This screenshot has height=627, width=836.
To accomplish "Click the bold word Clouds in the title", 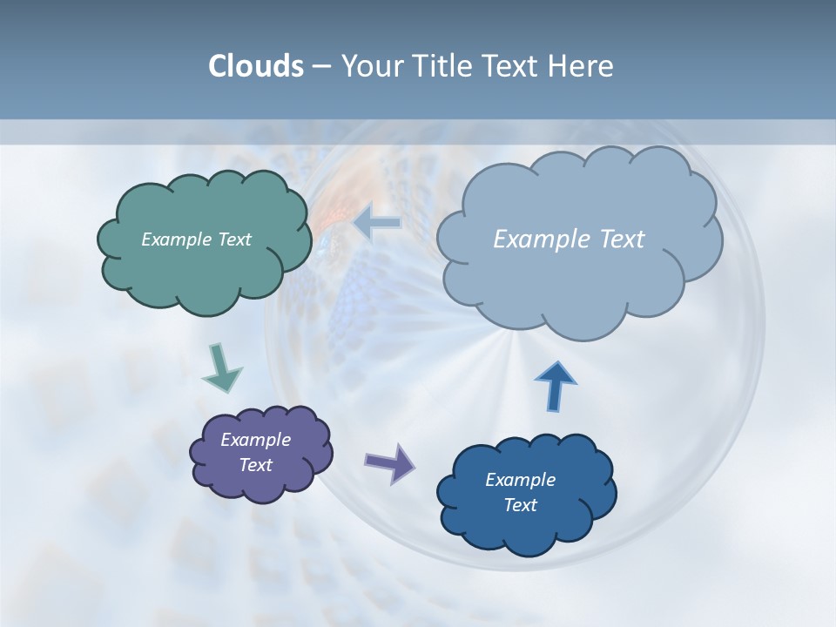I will click(x=255, y=66).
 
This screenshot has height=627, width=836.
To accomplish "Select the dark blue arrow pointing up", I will click(x=555, y=386).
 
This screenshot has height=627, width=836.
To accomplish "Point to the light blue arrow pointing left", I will click(x=378, y=223).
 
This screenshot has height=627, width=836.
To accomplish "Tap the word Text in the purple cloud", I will click(x=255, y=465).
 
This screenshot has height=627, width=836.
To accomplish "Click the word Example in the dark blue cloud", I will click(x=520, y=480).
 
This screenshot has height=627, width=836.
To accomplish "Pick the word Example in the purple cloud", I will click(x=255, y=440).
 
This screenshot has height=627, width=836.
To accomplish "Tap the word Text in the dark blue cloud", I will click(x=520, y=505).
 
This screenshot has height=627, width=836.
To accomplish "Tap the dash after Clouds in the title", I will click(x=320, y=67).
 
